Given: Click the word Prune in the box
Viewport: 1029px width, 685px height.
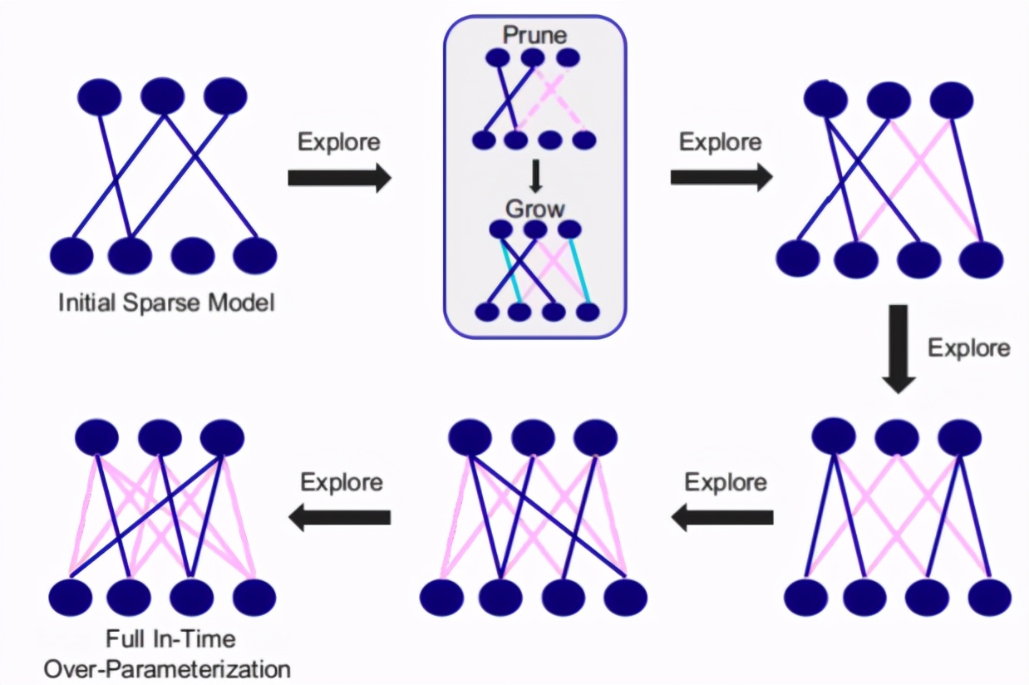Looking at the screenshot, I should [534, 36].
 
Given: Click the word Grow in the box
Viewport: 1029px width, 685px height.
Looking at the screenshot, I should [534, 208].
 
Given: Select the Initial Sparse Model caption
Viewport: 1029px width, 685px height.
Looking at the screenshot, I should [166, 303].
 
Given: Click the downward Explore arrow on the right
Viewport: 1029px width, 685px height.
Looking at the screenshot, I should [898, 348].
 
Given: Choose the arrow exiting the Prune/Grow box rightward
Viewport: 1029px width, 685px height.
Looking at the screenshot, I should [721, 177].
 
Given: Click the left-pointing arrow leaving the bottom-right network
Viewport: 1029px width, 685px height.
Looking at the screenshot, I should [721, 517].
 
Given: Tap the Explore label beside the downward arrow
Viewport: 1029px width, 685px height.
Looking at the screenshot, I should [968, 347].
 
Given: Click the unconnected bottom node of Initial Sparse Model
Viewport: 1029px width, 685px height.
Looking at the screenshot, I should [192, 255].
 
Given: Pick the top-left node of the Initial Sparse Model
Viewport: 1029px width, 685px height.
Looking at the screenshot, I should [99, 96].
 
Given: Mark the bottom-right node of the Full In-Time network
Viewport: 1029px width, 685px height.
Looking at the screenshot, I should [254, 596].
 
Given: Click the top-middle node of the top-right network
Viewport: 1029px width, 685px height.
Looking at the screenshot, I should [889, 101].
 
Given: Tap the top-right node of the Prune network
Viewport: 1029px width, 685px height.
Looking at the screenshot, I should [568, 58].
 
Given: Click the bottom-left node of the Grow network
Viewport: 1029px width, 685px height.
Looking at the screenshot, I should [486, 313].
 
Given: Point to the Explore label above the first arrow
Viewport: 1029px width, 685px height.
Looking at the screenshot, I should [339, 142].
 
